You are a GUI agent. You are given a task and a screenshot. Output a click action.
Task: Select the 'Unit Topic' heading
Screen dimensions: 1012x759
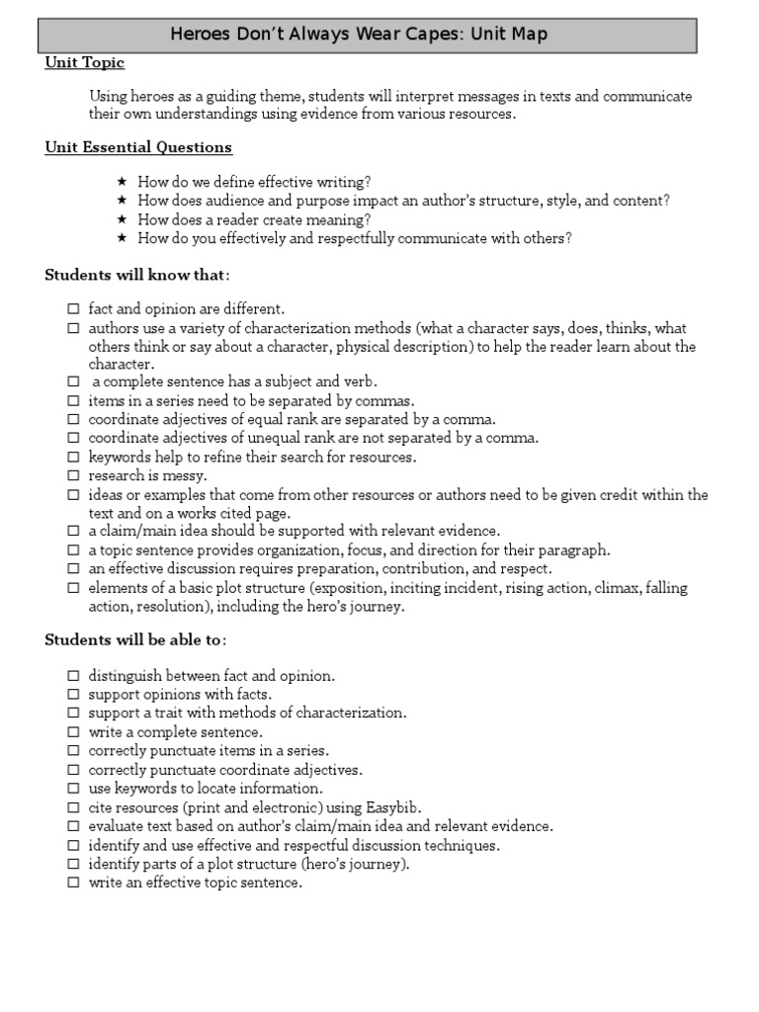click(85, 63)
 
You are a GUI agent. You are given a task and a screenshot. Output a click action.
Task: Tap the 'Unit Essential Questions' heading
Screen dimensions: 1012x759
click(138, 148)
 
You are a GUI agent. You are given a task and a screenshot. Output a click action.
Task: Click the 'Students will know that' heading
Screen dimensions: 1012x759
click(135, 275)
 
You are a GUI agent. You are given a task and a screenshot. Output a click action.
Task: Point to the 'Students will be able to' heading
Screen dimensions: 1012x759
click(135, 640)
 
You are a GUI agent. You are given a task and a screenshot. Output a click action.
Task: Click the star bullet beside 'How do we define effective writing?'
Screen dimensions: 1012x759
click(122, 182)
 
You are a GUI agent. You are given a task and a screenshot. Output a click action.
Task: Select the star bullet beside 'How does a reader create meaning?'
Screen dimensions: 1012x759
click(122, 219)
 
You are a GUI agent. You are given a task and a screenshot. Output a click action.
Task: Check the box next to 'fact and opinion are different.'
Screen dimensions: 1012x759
click(73, 309)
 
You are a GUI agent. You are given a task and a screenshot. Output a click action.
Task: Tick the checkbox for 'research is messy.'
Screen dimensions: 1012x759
click(73, 476)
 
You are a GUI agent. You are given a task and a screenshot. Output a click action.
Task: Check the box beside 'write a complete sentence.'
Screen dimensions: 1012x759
click(73, 733)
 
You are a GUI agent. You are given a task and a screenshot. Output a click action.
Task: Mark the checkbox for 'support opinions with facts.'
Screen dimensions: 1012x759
click(73, 696)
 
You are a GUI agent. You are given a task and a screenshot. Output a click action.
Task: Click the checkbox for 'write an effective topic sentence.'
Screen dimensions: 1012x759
click(73, 884)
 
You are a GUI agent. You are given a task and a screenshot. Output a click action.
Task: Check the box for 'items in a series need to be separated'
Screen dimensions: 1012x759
click(73, 401)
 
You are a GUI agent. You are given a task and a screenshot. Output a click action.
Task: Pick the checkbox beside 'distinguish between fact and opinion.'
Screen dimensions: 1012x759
click(73, 677)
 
